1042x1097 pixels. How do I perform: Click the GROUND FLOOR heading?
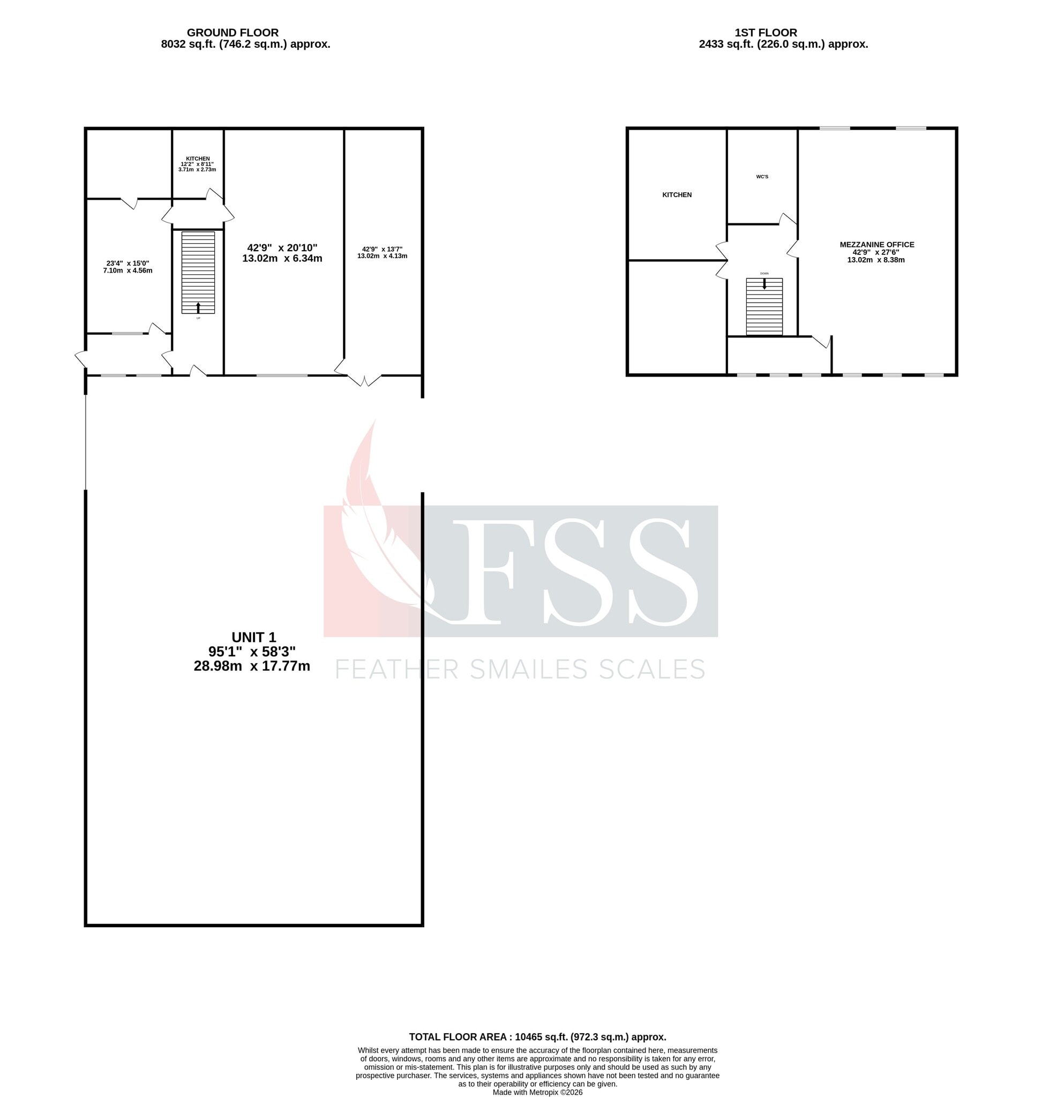point(232,33)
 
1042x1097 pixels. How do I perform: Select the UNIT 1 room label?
point(253,637)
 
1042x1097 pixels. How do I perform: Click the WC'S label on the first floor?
point(762,177)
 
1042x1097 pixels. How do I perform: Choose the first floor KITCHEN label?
point(677,195)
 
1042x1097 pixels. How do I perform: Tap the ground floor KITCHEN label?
point(198,159)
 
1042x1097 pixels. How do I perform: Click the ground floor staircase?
point(198,267)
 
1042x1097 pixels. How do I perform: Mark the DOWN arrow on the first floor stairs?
point(764,283)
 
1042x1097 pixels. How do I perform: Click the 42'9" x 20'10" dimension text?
point(282,247)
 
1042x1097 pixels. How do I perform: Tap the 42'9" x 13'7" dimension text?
point(382,250)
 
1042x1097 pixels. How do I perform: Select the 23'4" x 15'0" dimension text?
point(128,264)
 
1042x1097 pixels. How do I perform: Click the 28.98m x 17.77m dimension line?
point(252,666)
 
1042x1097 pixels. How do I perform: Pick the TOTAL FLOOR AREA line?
point(537,1036)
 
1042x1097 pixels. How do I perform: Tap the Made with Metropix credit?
point(537,1092)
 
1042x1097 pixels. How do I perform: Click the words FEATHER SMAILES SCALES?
point(520,670)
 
